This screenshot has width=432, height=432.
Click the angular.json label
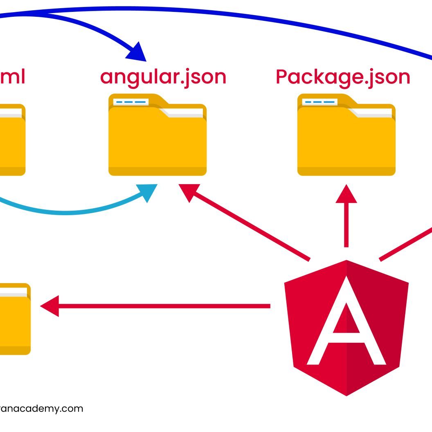[x=163, y=77]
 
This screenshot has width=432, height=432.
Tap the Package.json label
[x=343, y=77]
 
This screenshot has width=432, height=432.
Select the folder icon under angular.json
[x=157, y=139]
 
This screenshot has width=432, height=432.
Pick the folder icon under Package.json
[x=346, y=139]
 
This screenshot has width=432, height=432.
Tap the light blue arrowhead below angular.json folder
[x=148, y=192]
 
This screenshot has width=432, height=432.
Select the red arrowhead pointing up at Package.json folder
[x=346, y=193]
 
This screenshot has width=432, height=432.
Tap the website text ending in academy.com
[x=41, y=408]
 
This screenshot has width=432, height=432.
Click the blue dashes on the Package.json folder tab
[x=319, y=101]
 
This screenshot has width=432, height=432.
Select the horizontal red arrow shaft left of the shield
[x=164, y=306]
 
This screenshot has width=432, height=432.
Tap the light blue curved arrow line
[x=74, y=211]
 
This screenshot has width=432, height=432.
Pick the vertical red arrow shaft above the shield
[x=346, y=225]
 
